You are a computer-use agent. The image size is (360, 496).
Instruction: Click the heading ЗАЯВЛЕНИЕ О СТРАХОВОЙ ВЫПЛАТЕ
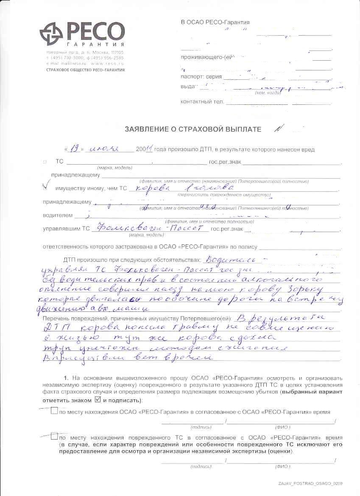193,129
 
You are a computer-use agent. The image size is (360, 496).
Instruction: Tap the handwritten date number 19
75,149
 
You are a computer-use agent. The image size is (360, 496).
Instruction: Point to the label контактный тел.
202,102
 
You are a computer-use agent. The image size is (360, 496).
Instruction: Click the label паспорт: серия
201,78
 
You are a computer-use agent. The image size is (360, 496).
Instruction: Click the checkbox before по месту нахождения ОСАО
54,411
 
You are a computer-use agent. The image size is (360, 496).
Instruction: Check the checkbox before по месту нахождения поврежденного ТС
54,436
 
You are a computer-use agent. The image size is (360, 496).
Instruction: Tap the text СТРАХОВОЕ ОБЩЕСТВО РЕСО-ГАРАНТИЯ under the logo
85,69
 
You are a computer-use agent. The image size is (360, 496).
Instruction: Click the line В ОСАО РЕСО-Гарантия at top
215,22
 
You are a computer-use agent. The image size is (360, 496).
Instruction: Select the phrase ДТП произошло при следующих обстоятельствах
131,259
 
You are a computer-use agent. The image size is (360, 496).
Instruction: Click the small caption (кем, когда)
267,92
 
